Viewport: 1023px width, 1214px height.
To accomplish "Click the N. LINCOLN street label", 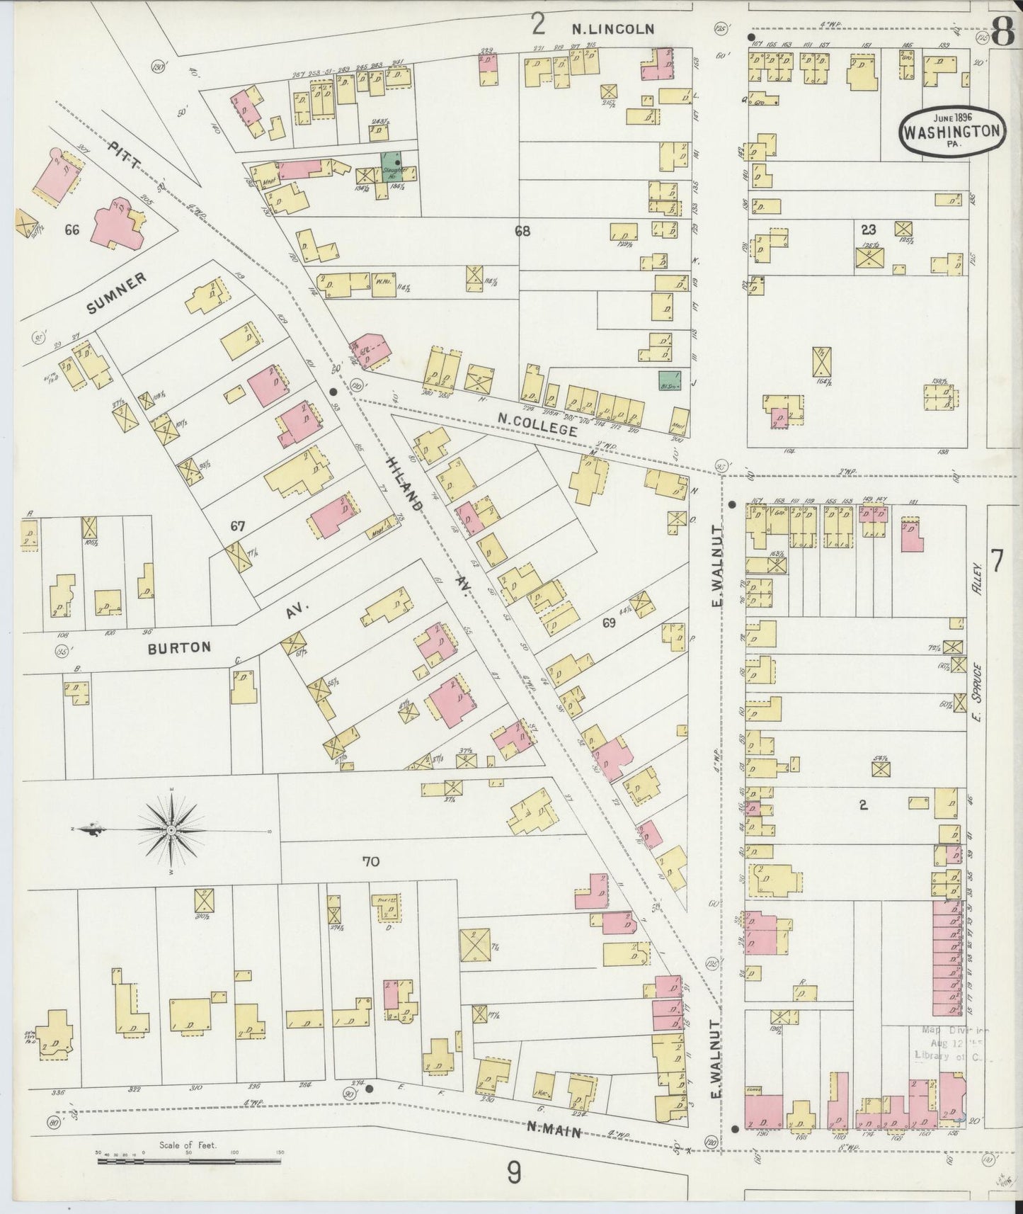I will tap(613, 29).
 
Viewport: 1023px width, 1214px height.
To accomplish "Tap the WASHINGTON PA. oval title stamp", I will tap(953, 131).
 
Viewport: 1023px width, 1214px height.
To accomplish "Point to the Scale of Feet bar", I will tap(189, 1161).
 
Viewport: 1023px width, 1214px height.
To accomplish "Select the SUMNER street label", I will tap(118, 293).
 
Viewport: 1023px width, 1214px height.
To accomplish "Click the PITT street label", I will tap(127, 158).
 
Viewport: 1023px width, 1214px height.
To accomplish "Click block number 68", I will tap(522, 231).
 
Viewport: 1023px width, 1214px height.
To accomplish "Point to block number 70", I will tap(370, 862).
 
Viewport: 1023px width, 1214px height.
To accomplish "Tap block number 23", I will tap(868, 229).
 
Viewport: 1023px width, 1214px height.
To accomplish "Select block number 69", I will tap(609, 623).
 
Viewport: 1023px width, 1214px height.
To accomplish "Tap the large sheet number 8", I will tap(1000, 32).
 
